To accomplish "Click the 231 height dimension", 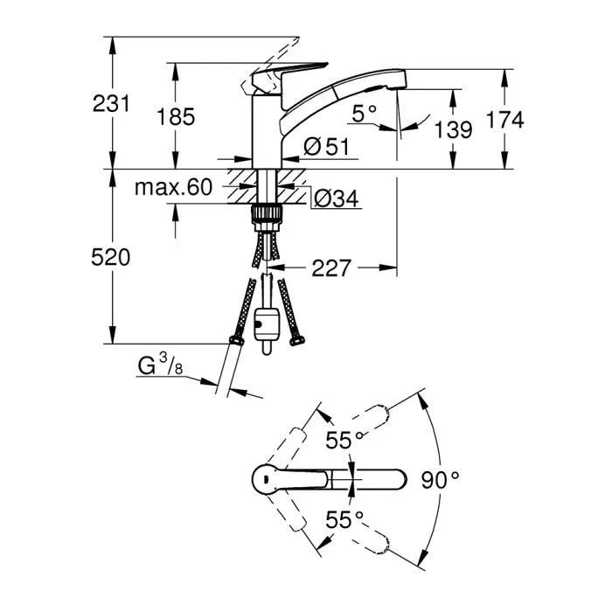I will click(x=112, y=103).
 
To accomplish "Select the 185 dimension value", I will click(x=177, y=116).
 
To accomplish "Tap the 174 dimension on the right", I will click(x=504, y=121).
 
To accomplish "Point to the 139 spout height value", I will click(x=453, y=129).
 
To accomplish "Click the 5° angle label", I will click(x=365, y=112).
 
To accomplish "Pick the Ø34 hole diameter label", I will click(x=336, y=199).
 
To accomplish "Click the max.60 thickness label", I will click(x=174, y=187).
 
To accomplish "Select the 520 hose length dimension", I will click(x=112, y=257).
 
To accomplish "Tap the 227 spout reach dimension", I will click(x=330, y=268).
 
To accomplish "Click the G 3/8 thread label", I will click(x=160, y=367).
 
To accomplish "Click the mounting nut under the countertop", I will click(x=265, y=215).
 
